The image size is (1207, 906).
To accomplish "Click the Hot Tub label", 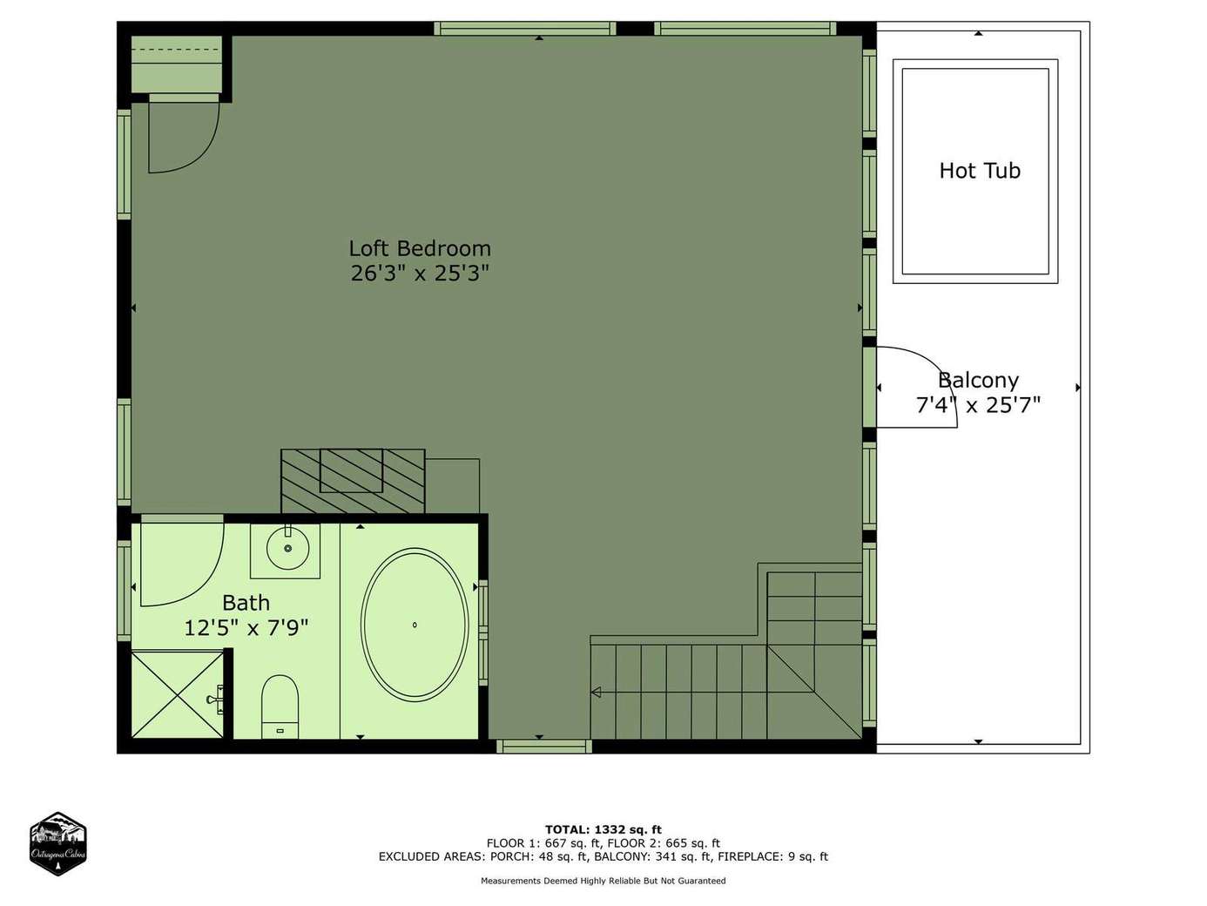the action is (x=980, y=171).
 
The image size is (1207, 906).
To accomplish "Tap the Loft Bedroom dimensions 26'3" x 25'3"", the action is (x=420, y=273).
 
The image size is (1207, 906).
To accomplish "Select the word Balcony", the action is (x=978, y=380).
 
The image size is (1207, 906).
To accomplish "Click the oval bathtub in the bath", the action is (x=415, y=625).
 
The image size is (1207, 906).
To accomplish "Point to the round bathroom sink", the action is (x=287, y=548).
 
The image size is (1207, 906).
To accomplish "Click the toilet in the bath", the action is (x=280, y=707).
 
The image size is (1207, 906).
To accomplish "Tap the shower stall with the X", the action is (x=178, y=694).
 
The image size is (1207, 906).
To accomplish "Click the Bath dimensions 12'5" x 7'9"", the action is (x=246, y=627).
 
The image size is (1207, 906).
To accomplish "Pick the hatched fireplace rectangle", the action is (x=353, y=482).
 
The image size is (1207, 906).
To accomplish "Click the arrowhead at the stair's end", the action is (x=596, y=692).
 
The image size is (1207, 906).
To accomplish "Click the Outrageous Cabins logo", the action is (x=57, y=843).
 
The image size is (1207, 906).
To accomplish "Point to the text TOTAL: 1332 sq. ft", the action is (x=603, y=829).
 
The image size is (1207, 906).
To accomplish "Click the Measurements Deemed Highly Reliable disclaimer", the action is (x=603, y=881).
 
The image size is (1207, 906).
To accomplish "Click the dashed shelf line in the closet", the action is (x=177, y=50).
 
